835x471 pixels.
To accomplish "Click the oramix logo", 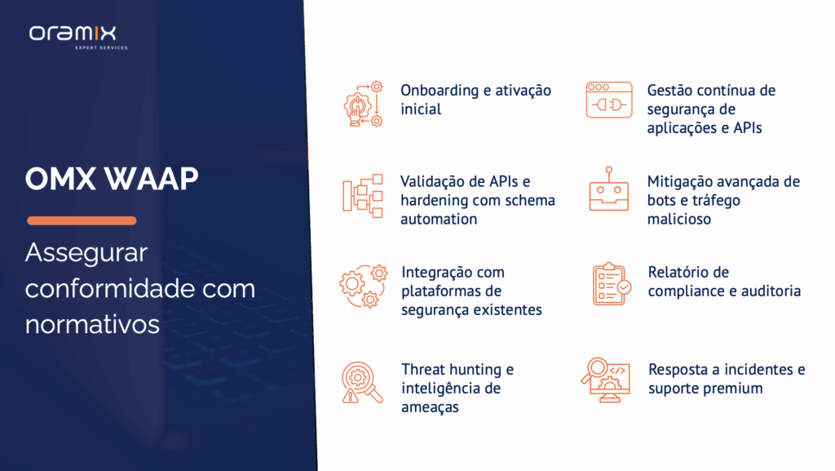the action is point(78,37).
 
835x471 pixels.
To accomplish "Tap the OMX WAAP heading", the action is point(111,179).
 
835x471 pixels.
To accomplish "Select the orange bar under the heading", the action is point(82,220).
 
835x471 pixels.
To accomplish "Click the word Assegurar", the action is point(86,252).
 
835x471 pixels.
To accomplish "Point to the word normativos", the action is point(92,324).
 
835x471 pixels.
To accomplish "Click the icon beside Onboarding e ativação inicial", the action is point(363,104).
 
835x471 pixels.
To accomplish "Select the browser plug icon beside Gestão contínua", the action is point(608,100).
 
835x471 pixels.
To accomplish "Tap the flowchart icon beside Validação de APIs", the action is point(363,196).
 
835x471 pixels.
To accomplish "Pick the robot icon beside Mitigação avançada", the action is point(608,189).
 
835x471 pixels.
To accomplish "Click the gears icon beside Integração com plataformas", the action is point(363,287).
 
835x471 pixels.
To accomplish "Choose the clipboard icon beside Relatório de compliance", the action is point(611,284).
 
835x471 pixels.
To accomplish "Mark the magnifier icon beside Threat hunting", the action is point(362,383).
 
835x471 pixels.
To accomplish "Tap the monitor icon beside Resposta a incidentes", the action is point(606,380).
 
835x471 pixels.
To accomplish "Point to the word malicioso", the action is point(679,219).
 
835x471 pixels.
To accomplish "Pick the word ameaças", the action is point(430,407).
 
